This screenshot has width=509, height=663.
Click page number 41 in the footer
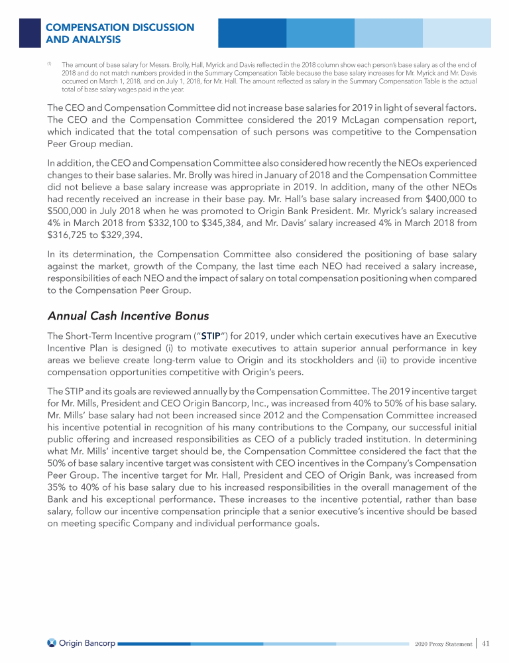pos(486,643)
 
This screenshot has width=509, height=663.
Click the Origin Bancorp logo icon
pos(52,643)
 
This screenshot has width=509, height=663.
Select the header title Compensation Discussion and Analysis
pos(120,33)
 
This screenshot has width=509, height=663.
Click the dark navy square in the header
pos(30,32)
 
